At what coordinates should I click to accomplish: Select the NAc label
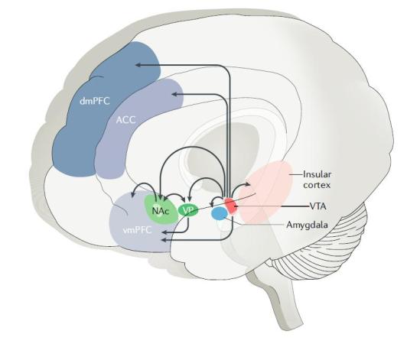159,209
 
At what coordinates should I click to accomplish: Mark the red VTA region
231,207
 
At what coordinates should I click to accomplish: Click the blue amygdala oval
220,216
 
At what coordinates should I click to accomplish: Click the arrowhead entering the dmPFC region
130,66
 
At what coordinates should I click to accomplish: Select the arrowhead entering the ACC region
174,94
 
